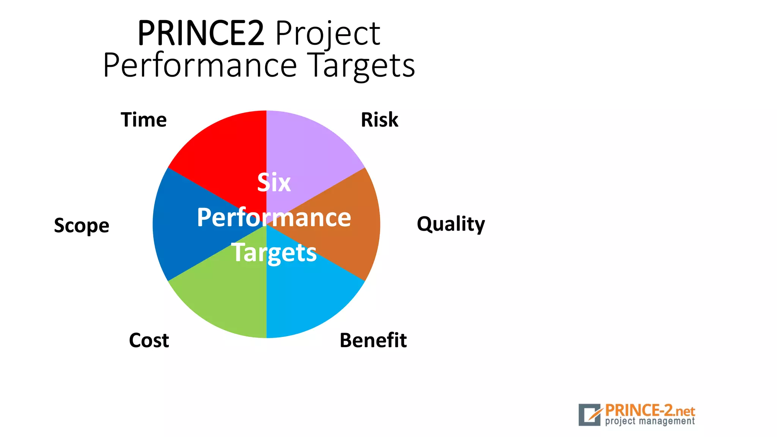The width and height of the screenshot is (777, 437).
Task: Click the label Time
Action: click(144, 120)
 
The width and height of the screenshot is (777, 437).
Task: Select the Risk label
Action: click(379, 120)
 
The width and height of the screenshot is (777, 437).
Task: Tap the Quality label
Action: click(451, 224)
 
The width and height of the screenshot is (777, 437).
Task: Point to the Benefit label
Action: click(373, 340)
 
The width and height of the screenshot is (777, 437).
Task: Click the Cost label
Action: click(149, 340)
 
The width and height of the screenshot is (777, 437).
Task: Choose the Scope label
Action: click(82, 226)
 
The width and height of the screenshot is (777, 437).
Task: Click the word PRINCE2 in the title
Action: click(201, 33)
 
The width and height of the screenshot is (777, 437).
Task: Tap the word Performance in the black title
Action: click(200, 66)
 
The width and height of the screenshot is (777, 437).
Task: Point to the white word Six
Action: click(274, 182)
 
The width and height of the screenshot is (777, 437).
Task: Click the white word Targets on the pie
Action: click(274, 253)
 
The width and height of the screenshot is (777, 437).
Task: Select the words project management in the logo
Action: click(650, 421)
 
